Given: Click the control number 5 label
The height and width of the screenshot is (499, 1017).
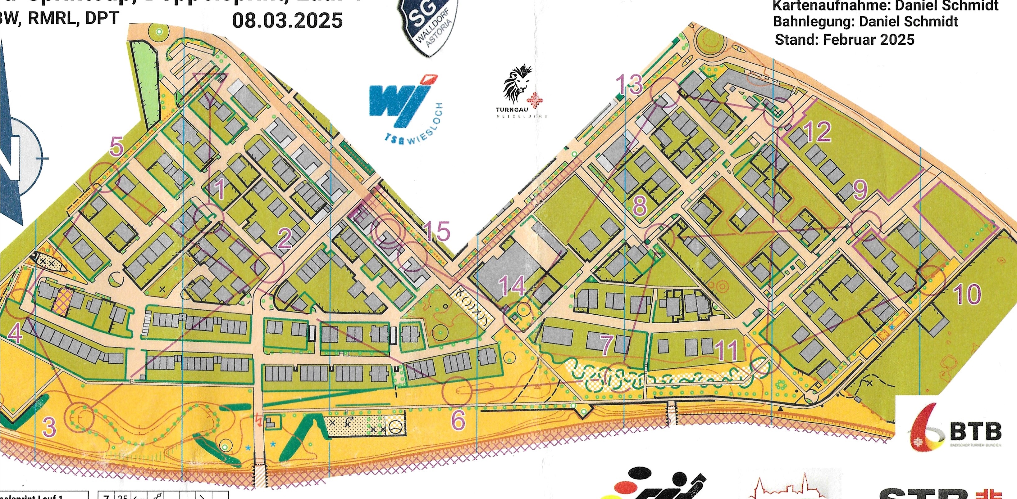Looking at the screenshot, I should click(117, 147).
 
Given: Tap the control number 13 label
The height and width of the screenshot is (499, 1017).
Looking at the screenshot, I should click(629, 84).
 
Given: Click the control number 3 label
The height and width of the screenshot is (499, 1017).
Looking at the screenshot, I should click(49, 428).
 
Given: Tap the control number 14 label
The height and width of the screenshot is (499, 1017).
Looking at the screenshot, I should click(512, 285).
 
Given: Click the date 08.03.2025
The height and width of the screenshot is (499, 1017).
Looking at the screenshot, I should click(287, 20).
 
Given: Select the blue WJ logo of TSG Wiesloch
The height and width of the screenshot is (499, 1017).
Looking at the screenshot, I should click(399, 102).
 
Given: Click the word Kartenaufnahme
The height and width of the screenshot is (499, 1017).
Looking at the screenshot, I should click(815, 6).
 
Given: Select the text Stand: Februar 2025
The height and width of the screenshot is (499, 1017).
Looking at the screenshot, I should click(845, 40).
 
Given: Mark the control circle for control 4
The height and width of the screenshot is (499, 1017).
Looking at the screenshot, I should click(16, 307).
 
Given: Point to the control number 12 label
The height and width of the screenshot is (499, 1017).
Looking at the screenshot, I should click(816, 132).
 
